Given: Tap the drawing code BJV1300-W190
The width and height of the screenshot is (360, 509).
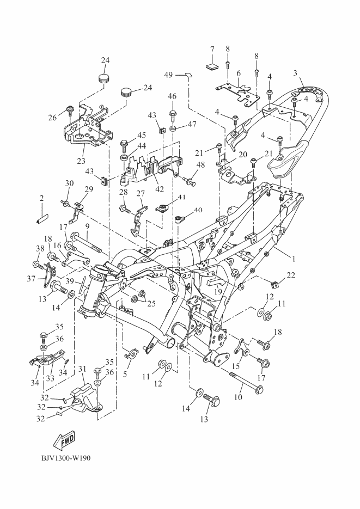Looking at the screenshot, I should (x=65, y=457).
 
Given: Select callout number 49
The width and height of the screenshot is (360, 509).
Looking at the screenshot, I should (x=168, y=75).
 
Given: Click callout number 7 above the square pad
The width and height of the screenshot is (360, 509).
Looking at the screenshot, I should (x=212, y=50).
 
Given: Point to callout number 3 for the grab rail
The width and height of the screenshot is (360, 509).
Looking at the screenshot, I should (x=295, y=73).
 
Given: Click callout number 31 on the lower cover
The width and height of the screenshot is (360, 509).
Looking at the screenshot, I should (x=82, y=369).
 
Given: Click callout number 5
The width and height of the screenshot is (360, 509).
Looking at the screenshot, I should (x=125, y=375).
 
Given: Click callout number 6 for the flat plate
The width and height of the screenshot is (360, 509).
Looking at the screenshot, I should (x=239, y=73).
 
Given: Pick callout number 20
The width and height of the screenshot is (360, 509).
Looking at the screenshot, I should (x=243, y=155).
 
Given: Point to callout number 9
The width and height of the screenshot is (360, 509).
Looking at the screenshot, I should (x=88, y=225).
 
